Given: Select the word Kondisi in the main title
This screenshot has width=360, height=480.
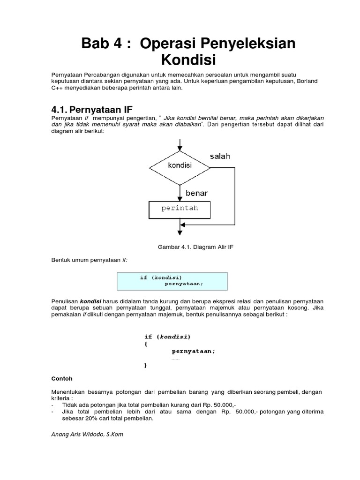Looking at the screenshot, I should coord(188,60).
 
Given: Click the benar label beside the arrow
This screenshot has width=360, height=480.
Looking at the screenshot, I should coord(196,193).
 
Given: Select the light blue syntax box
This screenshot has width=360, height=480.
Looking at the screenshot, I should coord(172,281).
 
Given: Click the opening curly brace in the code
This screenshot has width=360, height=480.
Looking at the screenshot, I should coord(146,344).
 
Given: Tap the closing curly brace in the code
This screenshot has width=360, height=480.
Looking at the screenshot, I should coord(146,365).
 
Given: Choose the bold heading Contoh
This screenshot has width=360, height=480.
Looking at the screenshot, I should coord(61,378).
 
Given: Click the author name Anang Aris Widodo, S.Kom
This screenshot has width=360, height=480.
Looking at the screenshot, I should coord(87,434).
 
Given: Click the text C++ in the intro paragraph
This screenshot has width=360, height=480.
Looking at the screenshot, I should coord(57,89).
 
